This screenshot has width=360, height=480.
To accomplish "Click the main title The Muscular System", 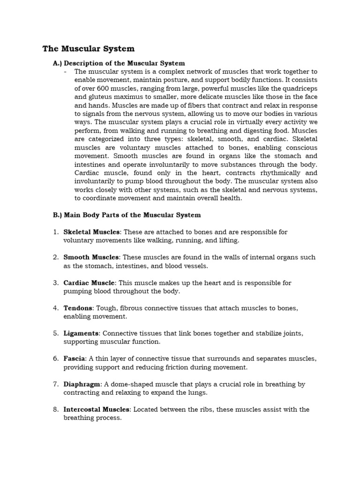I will point(89,49).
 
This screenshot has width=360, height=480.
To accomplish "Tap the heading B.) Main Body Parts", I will point(127,215).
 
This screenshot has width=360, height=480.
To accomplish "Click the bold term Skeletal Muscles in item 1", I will point(92,232).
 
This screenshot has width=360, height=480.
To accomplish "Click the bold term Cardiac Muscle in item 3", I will point(89,283).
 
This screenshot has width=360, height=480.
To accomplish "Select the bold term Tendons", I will point(78,308).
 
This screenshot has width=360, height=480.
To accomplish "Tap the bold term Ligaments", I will point(81,334).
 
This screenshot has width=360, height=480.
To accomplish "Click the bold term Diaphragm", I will point(82,384).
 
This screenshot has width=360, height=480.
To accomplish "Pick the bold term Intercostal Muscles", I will point(97,410).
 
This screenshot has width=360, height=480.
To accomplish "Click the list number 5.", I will point(55,334).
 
